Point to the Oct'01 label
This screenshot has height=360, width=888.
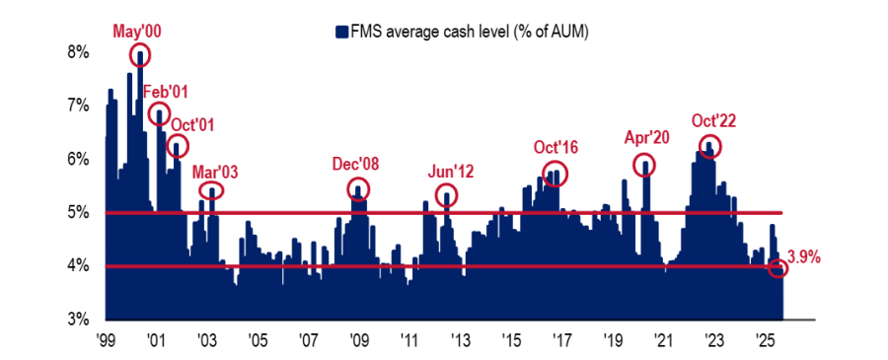pyautogui.click(x=193, y=125)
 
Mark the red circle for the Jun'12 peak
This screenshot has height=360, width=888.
pyautogui.click(x=446, y=194)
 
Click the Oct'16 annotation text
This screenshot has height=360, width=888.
pyautogui.click(x=555, y=148)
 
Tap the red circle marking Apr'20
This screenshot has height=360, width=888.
pyautogui.click(x=644, y=165)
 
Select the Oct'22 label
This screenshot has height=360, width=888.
pyautogui.click(x=713, y=121)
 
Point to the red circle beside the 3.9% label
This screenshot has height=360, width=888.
pyautogui.click(x=779, y=268)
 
